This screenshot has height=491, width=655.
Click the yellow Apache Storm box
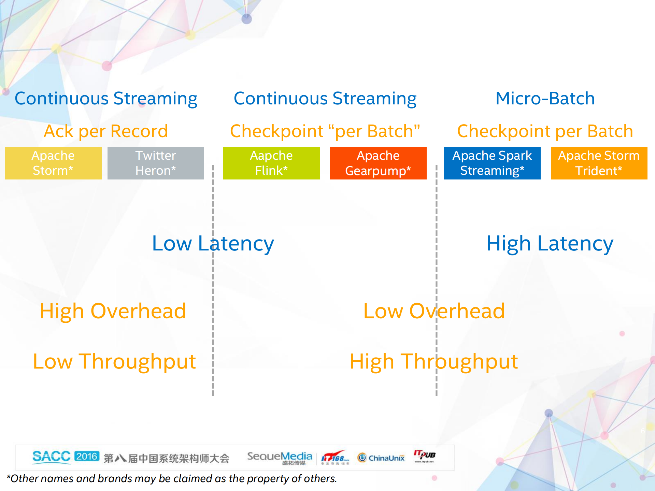tap(53, 163)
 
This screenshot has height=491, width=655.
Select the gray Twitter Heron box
tap(156, 163)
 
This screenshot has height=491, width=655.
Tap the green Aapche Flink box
tap(271, 163)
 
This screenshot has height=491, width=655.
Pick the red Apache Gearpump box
tap(378, 163)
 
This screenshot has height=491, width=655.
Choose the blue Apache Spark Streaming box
tap(492, 163)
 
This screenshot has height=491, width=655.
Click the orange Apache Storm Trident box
tap(599, 163)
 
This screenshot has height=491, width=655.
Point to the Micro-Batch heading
tap(545, 99)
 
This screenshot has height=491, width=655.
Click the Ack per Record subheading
tap(106, 131)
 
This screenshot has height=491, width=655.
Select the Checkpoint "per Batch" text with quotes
tap(325, 131)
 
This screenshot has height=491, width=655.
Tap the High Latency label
tap(550, 244)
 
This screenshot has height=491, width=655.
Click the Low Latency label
tap(213, 244)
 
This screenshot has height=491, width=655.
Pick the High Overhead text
tap(113, 311)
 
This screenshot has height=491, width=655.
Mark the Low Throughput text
tap(114, 362)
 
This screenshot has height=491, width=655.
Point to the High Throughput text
tap(434, 362)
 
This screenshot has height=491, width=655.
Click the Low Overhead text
tap(434, 311)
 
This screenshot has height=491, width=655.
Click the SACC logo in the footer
tap(51, 457)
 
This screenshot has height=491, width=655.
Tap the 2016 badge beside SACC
tap(87, 456)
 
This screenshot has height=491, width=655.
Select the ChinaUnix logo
tap(381, 458)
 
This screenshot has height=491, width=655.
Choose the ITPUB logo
tap(425, 456)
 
